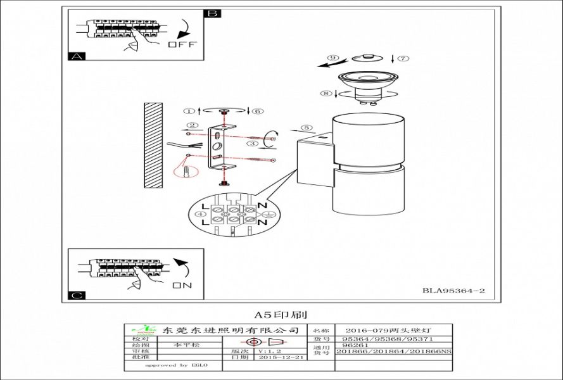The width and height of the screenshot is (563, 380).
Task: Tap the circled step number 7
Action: click(x=403, y=58)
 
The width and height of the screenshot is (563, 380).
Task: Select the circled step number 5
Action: click(x=307, y=128)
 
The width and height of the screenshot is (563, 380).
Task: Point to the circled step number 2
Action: click(x=192, y=125)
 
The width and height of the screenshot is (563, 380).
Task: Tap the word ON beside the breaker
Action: click(x=182, y=286)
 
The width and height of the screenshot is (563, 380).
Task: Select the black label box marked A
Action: click(x=76, y=56)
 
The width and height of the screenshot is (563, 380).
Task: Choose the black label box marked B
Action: click(x=212, y=13)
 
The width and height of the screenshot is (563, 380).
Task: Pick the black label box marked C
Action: click(x=76, y=295)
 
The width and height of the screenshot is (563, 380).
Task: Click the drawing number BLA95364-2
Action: click(x=453, y=291)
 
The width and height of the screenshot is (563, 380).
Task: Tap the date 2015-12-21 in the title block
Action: click(x=282, y=357)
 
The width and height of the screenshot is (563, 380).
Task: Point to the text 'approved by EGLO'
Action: click(x=175, y=365)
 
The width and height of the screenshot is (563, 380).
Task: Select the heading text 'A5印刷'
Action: click(x=281, y=313)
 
